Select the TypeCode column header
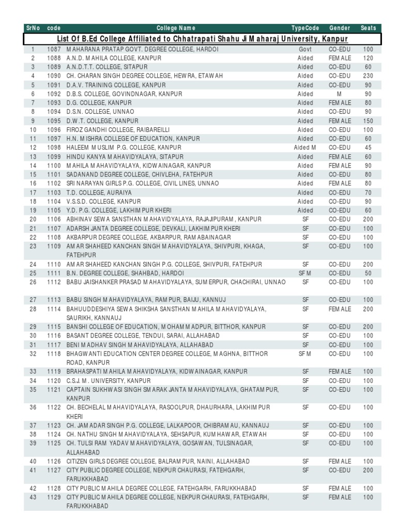click(x=306, y=28)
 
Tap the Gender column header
click(x=340, y=28)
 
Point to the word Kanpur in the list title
click(x=334, y=39)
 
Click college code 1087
click(x=54, y=49)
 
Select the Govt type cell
click(x=306, y=49)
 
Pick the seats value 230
click(x=368, y=76)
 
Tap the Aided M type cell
click(x=306, y=148)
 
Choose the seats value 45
click(x=368, y=148)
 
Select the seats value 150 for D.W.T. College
click(x=368, y=121)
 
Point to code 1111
click(x=54, y=273)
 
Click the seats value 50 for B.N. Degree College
click(x=368, y=273)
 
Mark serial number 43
click(x=33, y=497)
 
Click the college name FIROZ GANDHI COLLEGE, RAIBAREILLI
click(x=118, y=130)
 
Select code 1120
click(x=54, y=381)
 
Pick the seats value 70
click(x=368, y=193)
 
